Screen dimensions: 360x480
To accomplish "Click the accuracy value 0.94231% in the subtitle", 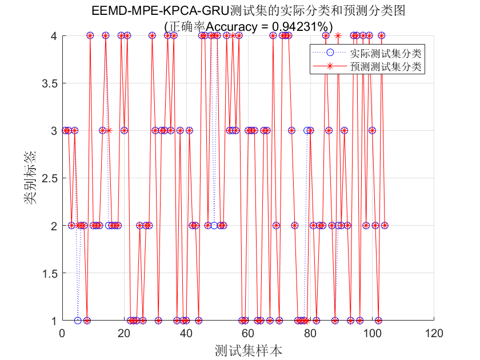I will click(x=301, y=26).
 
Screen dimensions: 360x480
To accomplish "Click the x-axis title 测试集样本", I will click(x=248, y=350).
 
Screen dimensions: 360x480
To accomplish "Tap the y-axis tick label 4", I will click(x=53, y=36).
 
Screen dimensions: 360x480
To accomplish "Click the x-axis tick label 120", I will click(x=434, y=333).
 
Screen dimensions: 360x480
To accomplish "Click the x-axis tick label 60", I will click(x=248, y=333).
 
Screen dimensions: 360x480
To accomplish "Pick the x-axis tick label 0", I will click(x=62, y=333).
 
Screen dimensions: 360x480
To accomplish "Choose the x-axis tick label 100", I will click(x=372, y=333).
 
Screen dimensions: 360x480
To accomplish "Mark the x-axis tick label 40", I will click(x=186, y=333).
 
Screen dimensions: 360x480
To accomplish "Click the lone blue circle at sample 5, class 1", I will click(x=78, y=321).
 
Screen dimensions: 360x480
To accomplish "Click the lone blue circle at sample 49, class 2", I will click(x=214, y=226).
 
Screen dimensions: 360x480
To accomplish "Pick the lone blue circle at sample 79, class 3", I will click(x=307, y=131).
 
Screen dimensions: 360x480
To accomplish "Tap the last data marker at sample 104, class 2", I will click(x=385, y=226).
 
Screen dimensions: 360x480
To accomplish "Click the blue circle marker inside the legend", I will click(x=329, y=54).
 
